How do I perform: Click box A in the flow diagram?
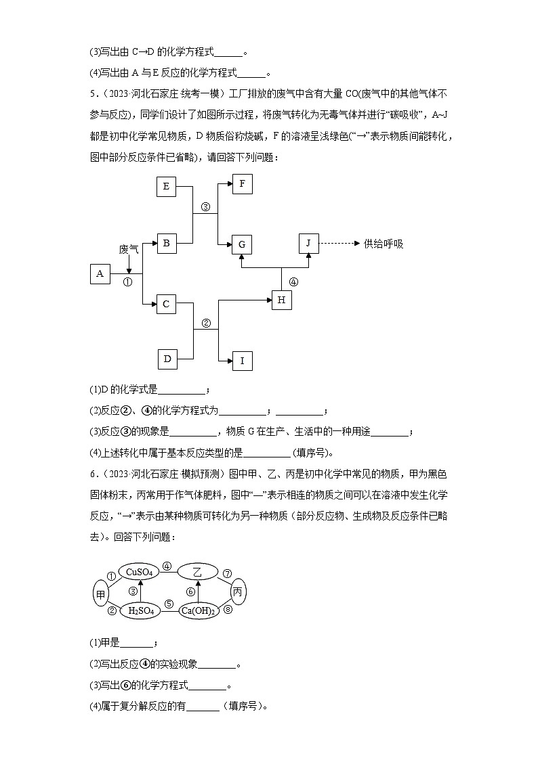(100, 273)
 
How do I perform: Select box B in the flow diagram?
(166, 244)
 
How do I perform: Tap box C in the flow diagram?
(166, 305)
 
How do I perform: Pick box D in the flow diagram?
(167, 359)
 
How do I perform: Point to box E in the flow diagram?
(166, 186)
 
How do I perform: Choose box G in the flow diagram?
(242, 244)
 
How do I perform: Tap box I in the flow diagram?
(242, 361)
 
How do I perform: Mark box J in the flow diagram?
(308, 244)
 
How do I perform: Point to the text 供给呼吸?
(383, 244)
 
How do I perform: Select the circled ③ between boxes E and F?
(205, 207)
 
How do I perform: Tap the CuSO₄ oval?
(138, 573)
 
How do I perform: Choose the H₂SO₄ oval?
(141, 612)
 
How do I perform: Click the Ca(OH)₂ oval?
(197, 612)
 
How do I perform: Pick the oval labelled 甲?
(102, 594)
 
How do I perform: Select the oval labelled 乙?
(197, 573)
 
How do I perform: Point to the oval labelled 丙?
(238, 591)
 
